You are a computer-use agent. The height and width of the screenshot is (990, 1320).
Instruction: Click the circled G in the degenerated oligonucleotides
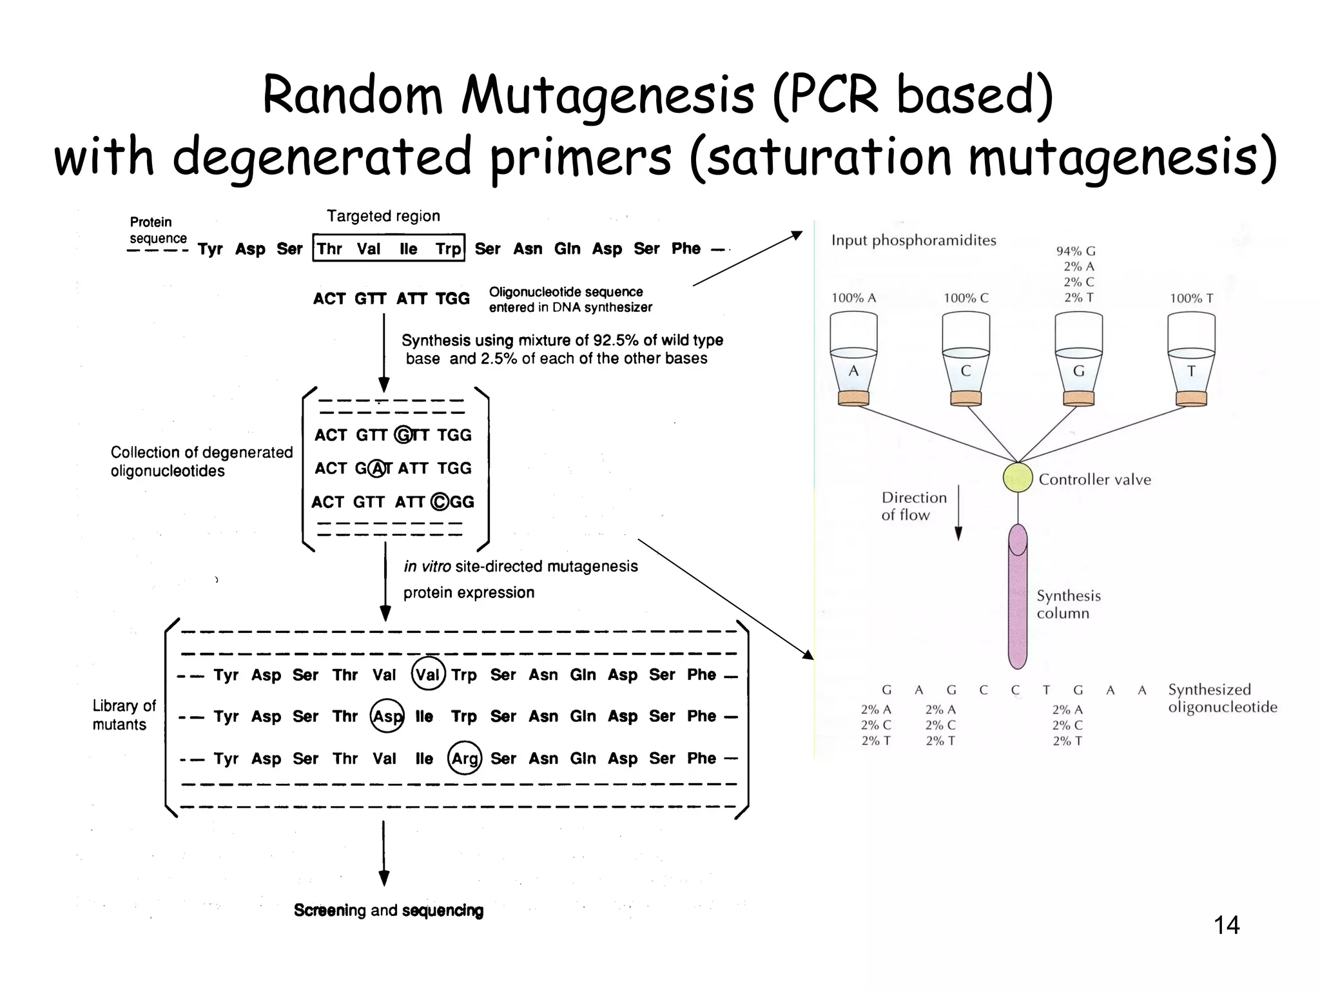(404, 435)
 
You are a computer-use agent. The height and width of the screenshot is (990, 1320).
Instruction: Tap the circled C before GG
(440, 501)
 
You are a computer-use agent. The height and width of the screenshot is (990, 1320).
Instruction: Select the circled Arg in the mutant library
(465, 759)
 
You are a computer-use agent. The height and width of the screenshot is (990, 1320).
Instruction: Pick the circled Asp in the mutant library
(387, 716)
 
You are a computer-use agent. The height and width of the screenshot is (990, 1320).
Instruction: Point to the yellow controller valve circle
(1018, 478)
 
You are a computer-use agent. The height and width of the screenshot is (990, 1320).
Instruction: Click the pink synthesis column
(1018, 596)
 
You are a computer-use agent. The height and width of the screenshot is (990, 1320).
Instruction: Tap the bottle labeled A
(853, 358)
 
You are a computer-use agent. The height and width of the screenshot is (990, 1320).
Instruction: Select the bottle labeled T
(1191, 358)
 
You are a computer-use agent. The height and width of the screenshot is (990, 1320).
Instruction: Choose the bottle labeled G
(1078, 358)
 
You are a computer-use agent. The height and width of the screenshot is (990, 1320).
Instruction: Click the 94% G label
(1076, 251)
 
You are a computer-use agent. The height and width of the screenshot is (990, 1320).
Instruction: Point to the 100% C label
(966, 298)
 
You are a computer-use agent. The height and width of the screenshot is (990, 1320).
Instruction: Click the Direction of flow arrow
(958, 512)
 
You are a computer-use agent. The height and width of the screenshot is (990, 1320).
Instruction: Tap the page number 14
(1227, 926)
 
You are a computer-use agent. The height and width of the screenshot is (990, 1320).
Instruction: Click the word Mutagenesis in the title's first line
(607, 97)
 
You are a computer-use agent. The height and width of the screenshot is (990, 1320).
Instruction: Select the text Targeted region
(383, 217)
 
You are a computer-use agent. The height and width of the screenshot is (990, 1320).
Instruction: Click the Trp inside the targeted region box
(449, 249)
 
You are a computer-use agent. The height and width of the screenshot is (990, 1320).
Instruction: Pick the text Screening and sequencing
(389, 910)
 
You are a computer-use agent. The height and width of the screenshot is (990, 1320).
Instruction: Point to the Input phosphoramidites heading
(914, 241)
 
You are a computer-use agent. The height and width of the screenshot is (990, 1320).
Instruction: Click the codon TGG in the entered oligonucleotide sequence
(452, 298)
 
